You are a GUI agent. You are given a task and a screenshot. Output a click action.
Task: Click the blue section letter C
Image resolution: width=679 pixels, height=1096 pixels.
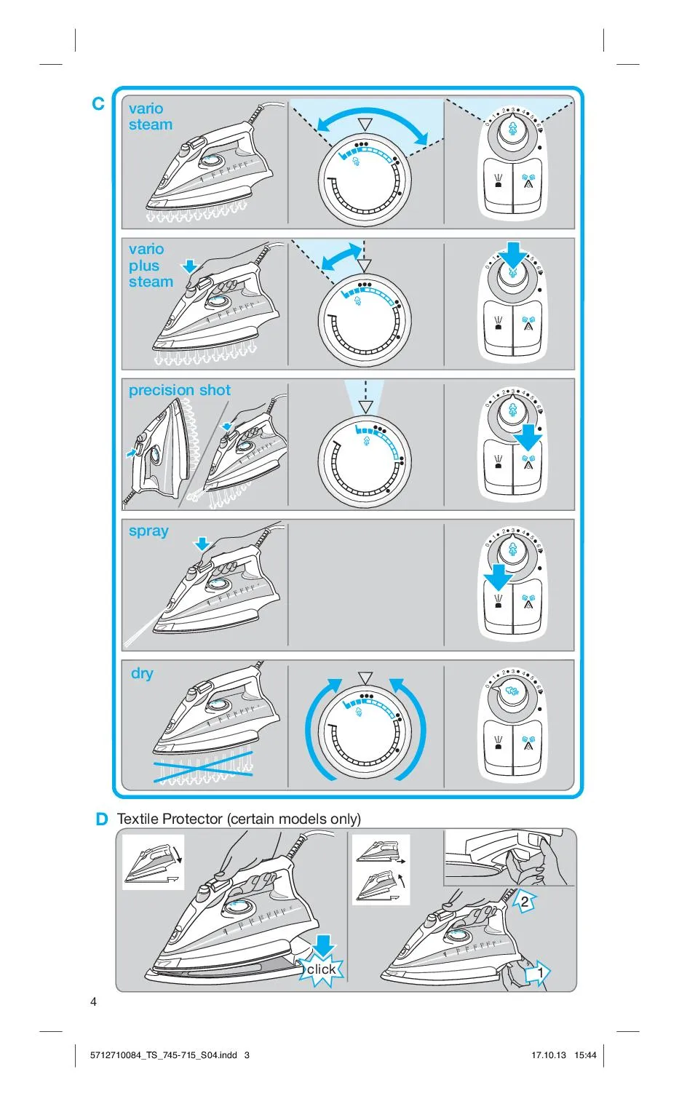click(98, 104)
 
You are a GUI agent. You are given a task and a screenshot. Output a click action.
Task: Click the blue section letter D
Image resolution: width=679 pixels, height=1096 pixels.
click(102, 819)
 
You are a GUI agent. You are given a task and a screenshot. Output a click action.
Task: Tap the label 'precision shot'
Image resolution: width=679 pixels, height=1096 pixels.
click(179, 390)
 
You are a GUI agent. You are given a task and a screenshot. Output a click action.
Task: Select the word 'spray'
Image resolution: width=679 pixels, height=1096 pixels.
click(148, 531)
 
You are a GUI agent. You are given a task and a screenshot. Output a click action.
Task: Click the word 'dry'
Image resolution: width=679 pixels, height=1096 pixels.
click(142, 674)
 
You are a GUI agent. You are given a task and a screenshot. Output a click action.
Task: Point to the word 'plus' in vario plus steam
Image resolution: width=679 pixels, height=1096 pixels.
click(144, 266)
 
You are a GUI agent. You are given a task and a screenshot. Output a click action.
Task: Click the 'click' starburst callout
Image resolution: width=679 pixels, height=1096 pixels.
click(322, 969)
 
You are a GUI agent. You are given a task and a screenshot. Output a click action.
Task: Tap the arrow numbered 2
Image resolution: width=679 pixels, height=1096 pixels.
click(524, 901)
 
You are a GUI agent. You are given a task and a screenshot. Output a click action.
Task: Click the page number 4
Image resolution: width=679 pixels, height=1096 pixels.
click(93, 1001)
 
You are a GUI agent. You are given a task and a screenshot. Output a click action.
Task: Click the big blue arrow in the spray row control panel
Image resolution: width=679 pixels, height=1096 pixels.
click(498, 577)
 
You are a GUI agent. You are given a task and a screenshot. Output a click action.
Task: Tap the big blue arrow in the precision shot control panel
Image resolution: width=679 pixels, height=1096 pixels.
click(528, 437)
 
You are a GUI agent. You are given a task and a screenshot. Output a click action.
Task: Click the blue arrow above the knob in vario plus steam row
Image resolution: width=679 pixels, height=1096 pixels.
click(512, 255)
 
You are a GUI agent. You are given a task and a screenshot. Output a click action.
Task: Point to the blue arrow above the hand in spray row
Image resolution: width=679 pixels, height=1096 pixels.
click(202, 544)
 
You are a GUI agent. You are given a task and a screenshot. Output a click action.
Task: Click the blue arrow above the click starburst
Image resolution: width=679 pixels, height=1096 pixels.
click(323, 945)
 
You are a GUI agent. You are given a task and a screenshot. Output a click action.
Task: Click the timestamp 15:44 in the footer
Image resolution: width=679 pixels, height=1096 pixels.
click(586, 1055)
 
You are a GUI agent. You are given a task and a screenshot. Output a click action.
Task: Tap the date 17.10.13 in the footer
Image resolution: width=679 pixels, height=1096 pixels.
click(549, 1055)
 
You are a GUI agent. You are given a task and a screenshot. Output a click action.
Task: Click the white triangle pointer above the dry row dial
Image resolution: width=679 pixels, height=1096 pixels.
click(365, 678)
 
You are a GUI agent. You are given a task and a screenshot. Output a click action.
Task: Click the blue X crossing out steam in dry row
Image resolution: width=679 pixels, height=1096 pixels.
click(203, 767)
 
